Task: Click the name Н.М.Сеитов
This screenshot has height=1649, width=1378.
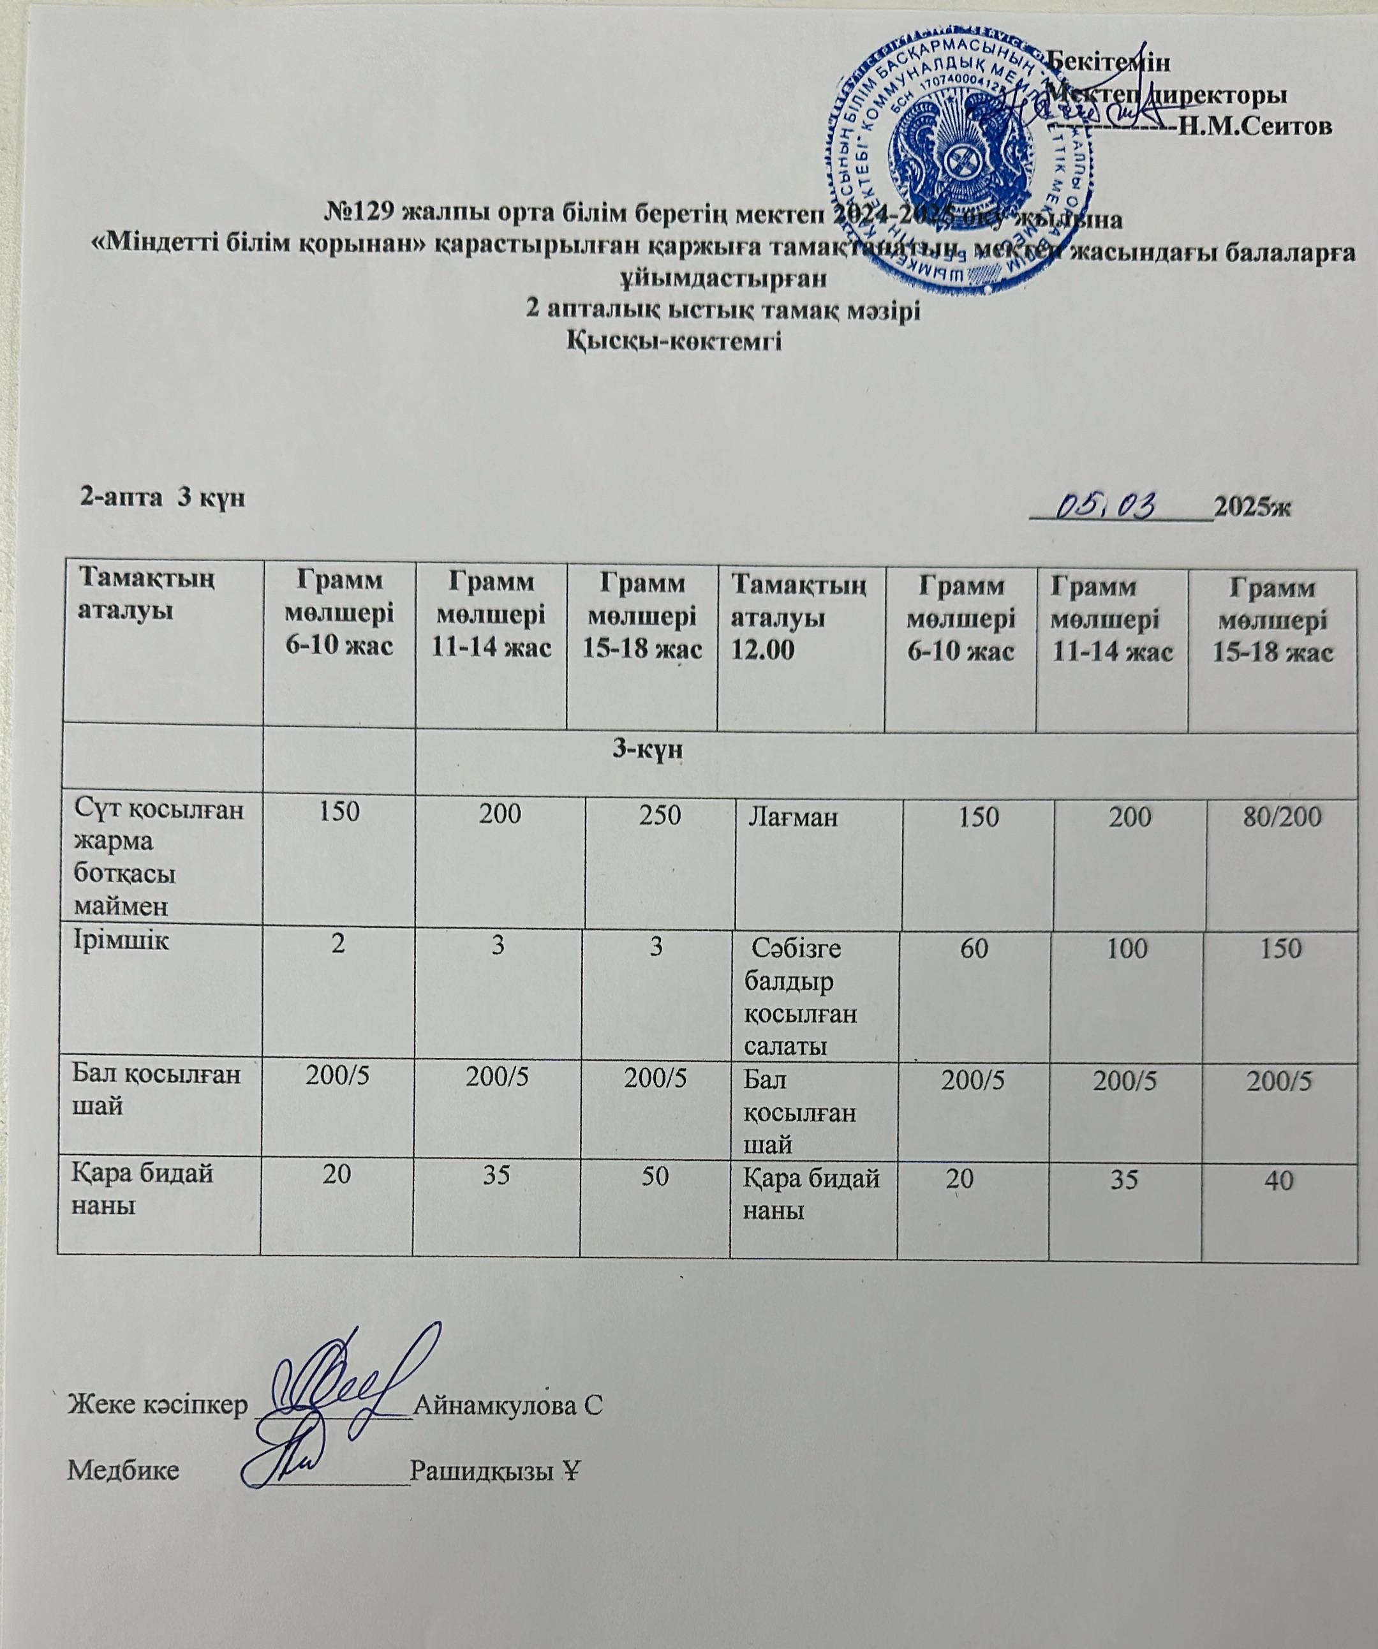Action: point(1256,126)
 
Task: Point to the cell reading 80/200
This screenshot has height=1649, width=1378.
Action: point(1282,817)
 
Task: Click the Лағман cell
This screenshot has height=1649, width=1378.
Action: point(793,818)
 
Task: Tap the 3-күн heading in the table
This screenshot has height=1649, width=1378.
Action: point(647,750)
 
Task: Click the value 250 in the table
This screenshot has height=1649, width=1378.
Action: point(660,815)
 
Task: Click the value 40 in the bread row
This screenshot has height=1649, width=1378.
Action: point(1279,1179)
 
